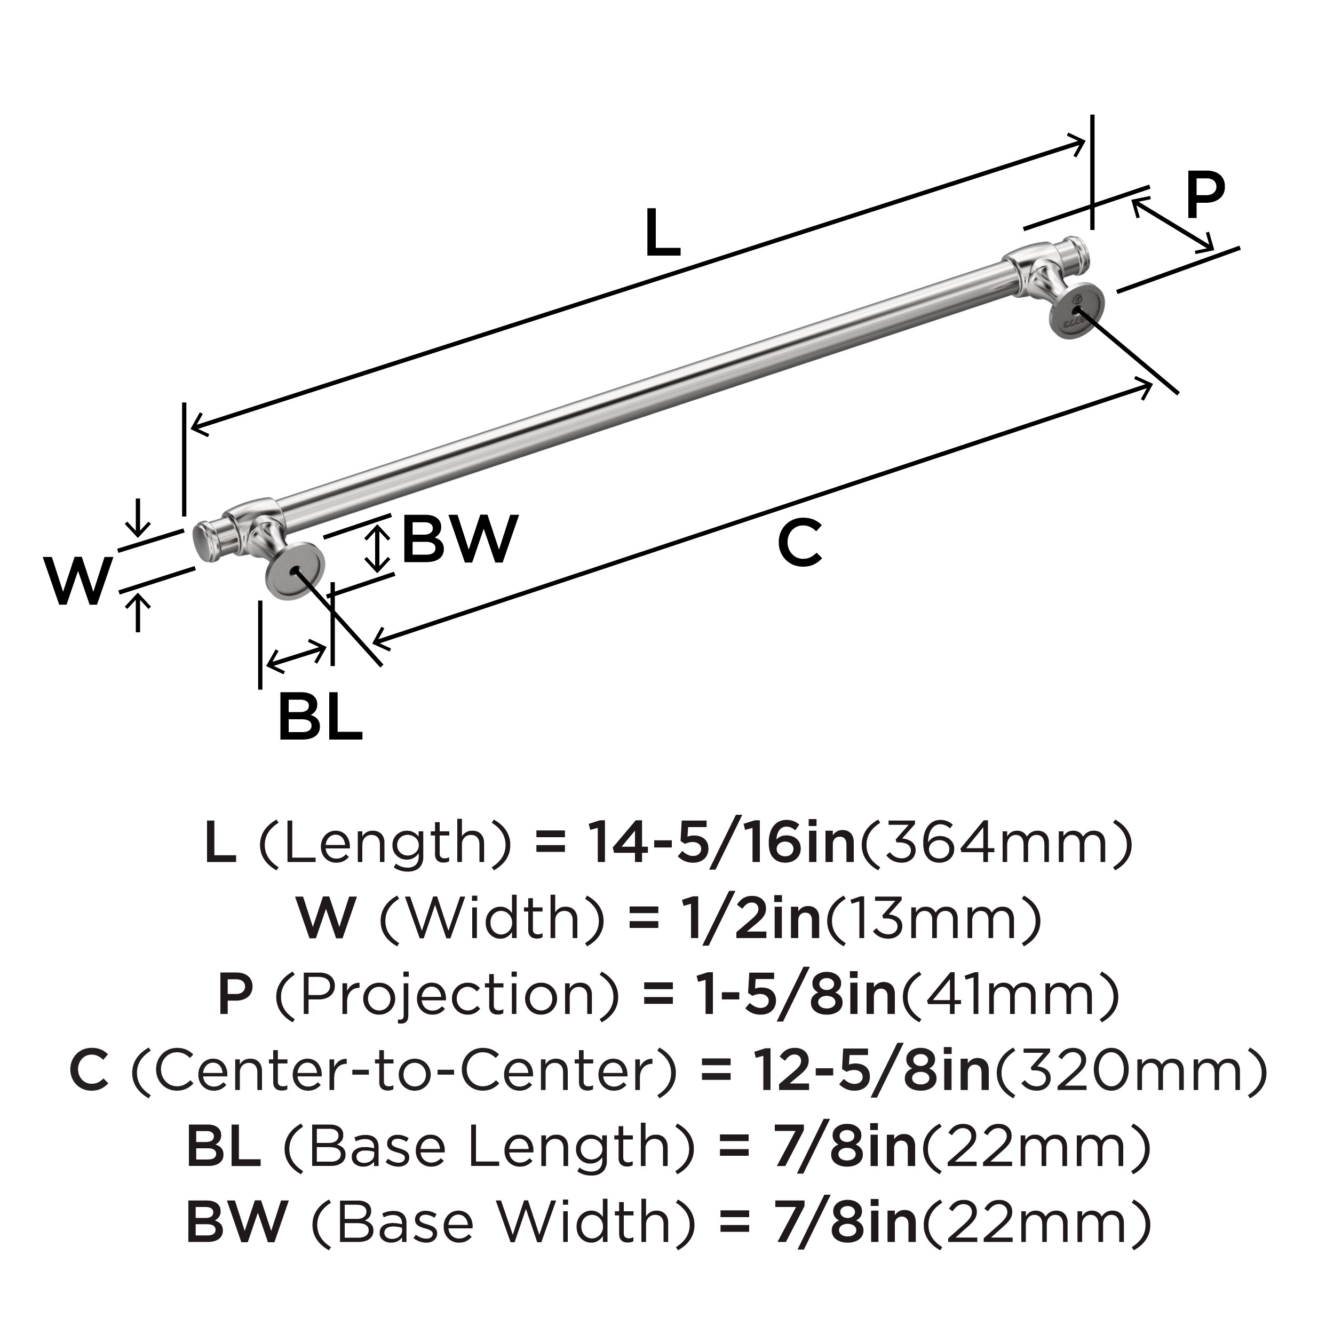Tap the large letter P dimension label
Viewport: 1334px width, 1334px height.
point(1205,195)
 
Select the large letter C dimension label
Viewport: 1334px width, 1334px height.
point(799,545)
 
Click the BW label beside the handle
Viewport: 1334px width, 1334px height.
point(460,539)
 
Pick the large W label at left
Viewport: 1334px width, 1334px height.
point(79,581)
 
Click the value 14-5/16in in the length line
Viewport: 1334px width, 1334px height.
point(721,844)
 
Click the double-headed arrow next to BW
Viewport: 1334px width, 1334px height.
point(377,547)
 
